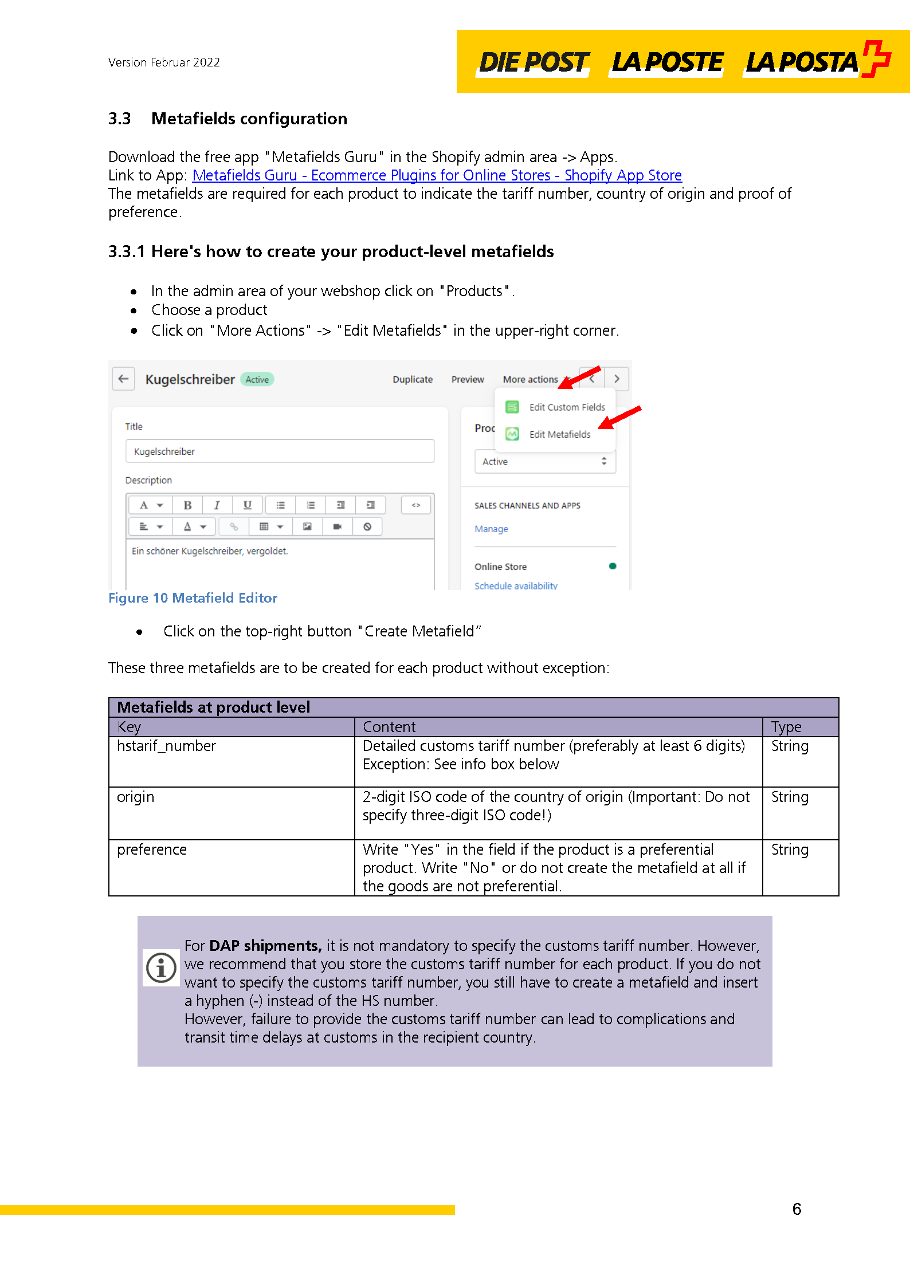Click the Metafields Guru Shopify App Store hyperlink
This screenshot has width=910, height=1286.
pos(437,175)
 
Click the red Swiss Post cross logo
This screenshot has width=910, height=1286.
pos(876,58)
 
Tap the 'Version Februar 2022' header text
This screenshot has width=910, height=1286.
pos(164,62)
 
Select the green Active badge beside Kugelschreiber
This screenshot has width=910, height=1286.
pos(257,379)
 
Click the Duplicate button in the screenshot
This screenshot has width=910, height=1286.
pos(412,379)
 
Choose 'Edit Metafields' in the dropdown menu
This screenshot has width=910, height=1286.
pos(559,434)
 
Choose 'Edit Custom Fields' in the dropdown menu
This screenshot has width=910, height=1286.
pos(566,407)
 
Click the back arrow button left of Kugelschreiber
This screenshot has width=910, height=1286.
pos(123,379)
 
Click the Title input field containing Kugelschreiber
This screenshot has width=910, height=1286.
pos(280,451)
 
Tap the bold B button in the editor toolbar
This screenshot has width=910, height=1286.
pos(187,505)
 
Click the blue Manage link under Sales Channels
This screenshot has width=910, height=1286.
pos(491,529)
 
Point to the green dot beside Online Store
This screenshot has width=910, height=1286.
pos(613,566)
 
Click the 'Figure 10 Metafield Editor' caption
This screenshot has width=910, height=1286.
pos(193,598)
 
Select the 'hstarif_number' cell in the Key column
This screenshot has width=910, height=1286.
pos(166,746)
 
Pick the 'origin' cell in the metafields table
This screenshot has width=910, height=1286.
pos(135,797)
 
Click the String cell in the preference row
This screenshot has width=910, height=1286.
pos(790,850)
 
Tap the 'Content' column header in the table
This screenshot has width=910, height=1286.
pos(389,727)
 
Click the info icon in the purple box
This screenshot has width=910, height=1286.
pos(161,968)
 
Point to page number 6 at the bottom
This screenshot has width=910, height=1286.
pos(797,1209)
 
